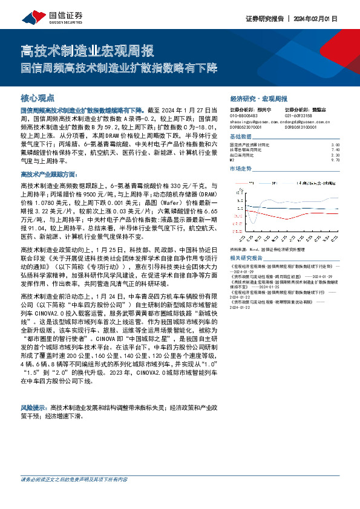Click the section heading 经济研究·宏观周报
point(259,98)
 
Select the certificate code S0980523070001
point(249,128)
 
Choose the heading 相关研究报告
point(246,257)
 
